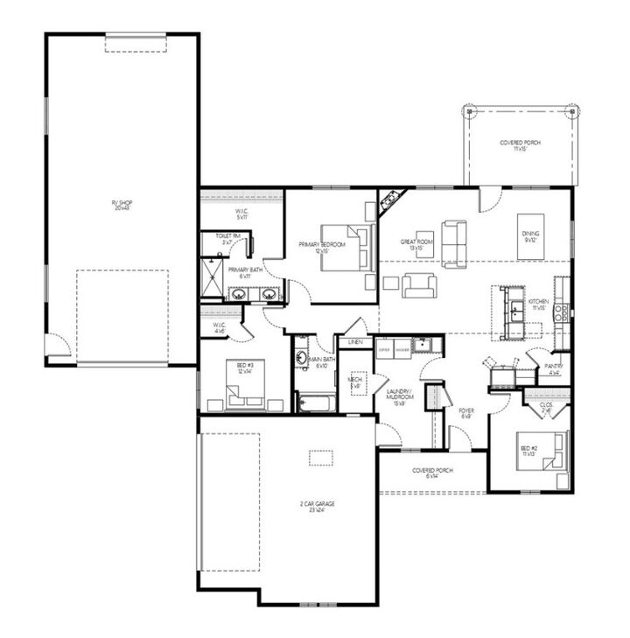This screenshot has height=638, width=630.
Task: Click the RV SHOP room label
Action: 122,205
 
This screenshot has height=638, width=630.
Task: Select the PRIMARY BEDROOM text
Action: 321,247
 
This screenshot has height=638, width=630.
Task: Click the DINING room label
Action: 530,236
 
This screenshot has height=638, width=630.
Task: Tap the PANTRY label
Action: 552,368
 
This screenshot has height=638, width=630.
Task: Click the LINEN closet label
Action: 355,342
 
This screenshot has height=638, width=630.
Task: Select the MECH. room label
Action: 356,382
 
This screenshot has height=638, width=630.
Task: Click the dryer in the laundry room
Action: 383,348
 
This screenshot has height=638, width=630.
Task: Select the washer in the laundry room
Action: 402,348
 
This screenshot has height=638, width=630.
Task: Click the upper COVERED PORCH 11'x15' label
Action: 519,145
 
